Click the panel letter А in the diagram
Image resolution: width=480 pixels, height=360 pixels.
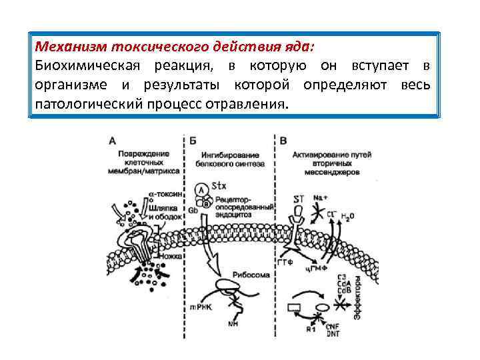click(x=112, y=141)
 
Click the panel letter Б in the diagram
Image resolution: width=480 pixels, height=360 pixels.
click(x=193, y=141)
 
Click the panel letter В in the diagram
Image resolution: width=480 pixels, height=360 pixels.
click(x=284, y=141)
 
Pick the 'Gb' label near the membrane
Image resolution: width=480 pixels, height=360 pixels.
click(x=193, y=210)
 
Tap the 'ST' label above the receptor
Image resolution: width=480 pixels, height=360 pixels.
click(x=299, y=199)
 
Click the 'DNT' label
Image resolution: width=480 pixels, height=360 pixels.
click(x=333, y=333)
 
